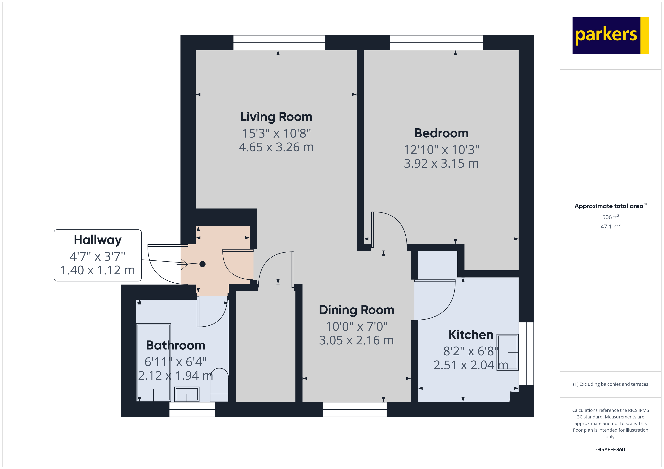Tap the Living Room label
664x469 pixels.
(x=276, y=117)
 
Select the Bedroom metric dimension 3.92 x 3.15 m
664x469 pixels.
(x=441, y=163)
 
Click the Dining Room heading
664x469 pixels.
(x=356, y=310)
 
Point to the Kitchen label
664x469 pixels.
(x=471, y=335)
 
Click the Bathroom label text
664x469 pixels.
(x=176, y=345)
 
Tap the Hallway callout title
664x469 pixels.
(x=97, y=240)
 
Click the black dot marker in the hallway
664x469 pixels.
(x=203, y=264)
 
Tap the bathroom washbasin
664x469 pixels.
(x=187, y=394)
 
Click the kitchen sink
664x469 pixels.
(x=507, y=352)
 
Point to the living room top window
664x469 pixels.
(x=279, y=42)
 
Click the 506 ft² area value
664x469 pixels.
(x=610, y=217)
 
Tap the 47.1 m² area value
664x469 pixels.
(x=610, y=226)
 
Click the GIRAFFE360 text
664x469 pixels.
(x=610, y=449)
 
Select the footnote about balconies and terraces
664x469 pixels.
(x=610, y=384)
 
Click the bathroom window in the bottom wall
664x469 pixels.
(x=192, y=409)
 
